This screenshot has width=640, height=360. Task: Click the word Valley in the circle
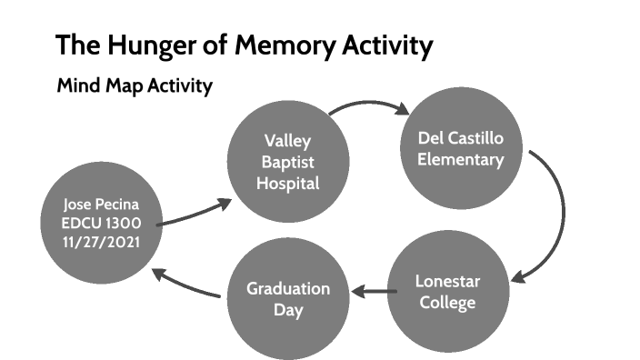coord(287,140)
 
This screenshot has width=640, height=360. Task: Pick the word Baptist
coord(287,162)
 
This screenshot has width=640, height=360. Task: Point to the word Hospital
coord(287,183)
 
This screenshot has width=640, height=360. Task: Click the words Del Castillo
coord(460,138)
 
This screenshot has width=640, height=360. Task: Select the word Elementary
coord(460,160)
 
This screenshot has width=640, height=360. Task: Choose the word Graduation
coord(287,289)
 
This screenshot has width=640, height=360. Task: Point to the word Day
coord(287,311)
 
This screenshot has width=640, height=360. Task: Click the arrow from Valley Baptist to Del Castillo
coord(367,106)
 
